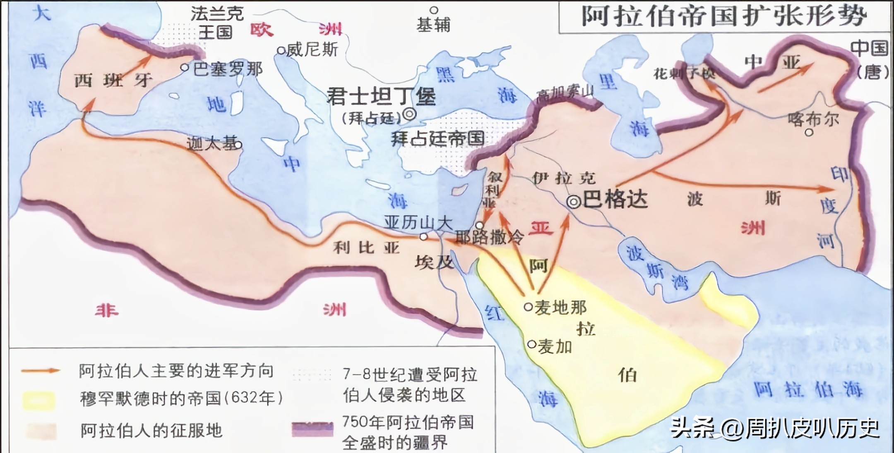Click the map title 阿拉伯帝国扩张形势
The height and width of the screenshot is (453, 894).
click(x=724, y=17)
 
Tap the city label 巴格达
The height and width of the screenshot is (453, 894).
click(x=615, y=200)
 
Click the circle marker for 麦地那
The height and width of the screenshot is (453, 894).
click(x=528, y=307)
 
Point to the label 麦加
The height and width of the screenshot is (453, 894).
click(x=555, y=346)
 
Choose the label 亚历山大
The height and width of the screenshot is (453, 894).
click(x=418, y=223)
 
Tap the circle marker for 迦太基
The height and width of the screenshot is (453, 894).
click(x=238, y=145)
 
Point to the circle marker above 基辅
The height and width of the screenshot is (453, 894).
click(x=434, y=10)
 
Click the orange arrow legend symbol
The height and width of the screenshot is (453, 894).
click(x=41, y=371)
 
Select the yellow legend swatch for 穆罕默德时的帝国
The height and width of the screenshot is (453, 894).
click(x=38, y=400)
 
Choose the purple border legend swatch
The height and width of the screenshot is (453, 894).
click(x=312, y=429)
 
